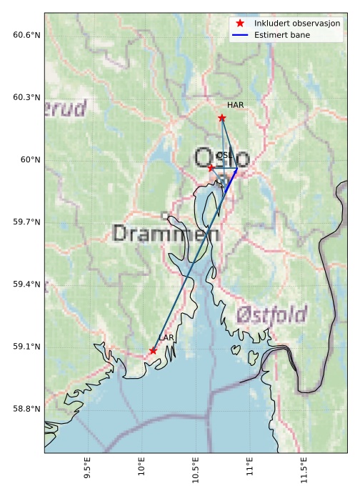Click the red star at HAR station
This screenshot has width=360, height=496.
pos(222,118)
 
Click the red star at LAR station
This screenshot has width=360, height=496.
pos(153,350)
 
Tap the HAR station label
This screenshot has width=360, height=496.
pos(236,105)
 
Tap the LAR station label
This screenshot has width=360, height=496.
pos(166,337)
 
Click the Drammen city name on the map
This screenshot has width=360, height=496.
pos(166,234)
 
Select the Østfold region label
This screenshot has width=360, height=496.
pos(271,314)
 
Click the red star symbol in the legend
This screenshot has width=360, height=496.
pos(240,24)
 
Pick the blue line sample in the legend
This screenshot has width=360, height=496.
pos(240,34)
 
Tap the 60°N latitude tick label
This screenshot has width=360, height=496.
pos(30,159)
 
